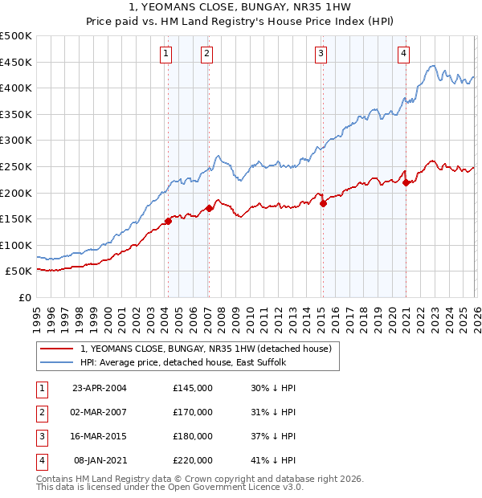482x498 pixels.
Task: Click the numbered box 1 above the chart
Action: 165,54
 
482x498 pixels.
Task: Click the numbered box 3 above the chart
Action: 321,54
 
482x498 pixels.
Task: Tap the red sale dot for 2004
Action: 168,221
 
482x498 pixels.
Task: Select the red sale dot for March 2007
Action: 209,208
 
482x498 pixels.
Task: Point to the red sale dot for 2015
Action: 323,203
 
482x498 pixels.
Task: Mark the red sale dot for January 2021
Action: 406,182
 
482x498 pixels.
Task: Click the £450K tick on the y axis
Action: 16,62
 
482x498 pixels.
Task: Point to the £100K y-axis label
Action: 16,245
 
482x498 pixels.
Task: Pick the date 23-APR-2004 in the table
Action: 99,387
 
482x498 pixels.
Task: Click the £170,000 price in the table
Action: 193,412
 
